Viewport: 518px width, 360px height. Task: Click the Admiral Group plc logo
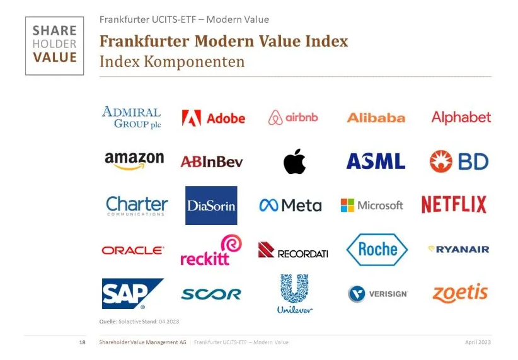point(131,117)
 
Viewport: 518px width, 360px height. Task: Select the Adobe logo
point(213,118)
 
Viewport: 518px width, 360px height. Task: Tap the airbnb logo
point(293,117)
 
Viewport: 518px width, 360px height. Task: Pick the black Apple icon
point(294,161)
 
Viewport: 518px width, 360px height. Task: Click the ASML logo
point(376,161)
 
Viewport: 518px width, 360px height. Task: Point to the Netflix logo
point(454,205)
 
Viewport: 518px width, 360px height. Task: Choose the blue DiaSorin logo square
point(211,206)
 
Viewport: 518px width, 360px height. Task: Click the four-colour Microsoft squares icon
point(347,206)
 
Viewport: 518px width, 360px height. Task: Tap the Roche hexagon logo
point(377,250)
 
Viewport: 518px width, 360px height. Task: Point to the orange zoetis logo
point(460,293)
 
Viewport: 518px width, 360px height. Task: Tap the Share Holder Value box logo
point(54,46)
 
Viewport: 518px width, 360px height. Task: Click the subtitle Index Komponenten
point(171,62)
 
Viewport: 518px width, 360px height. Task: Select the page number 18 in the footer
point(82,342)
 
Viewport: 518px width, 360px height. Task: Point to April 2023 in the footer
point(478,342)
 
